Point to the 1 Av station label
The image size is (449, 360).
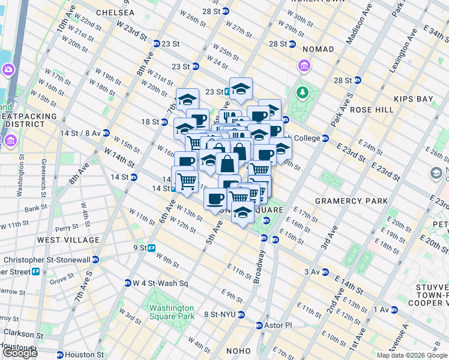click(381, 310)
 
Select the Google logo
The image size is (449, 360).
click(20, 353)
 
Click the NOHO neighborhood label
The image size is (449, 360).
click(237, 352)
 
